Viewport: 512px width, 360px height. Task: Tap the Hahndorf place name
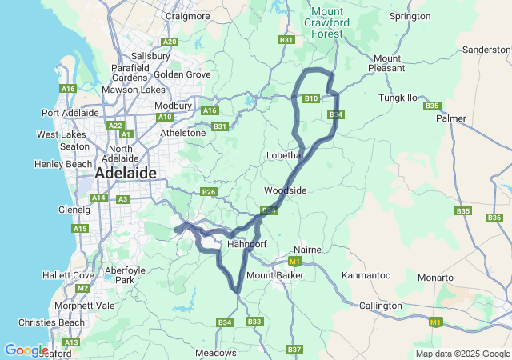point(246,244)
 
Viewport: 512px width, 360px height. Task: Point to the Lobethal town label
point(283,154)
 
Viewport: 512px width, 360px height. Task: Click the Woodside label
point(286,190)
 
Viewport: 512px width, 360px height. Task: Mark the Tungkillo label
point(398,98)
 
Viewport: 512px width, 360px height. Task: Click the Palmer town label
point(451,118)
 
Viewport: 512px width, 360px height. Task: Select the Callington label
point(381,306)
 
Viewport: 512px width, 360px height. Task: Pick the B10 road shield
point(311,98)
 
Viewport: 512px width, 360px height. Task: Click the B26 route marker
point(209,191)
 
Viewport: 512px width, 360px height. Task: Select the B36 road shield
point(494,217)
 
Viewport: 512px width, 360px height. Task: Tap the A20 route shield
point(169,42)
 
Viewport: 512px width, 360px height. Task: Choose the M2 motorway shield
point(82,288)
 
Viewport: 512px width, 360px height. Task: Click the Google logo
point(26,350)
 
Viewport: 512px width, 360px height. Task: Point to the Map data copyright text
point(462,354)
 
